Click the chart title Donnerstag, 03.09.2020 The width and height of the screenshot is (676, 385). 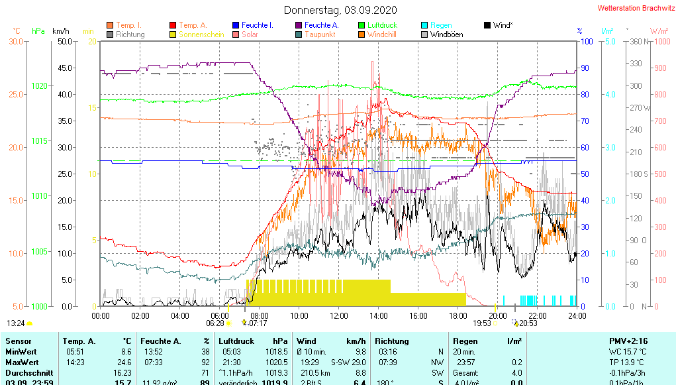(340, 10)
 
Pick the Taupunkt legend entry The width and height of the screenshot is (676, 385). (320, 34)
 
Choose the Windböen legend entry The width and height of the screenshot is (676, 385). (446, 34)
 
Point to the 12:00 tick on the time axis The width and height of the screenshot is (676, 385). (339, 316)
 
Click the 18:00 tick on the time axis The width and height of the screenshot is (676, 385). (458, 316)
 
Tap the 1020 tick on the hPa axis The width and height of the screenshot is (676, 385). (40, 86)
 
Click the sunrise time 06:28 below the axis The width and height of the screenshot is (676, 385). (215, 323)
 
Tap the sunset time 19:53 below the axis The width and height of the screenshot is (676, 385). (481, 323)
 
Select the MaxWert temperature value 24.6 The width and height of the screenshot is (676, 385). (124, 362)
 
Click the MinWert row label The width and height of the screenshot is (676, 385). (22, 352)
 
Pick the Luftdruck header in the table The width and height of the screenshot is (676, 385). (236, 341)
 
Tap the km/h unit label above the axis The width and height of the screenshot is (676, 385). (60, 31)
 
